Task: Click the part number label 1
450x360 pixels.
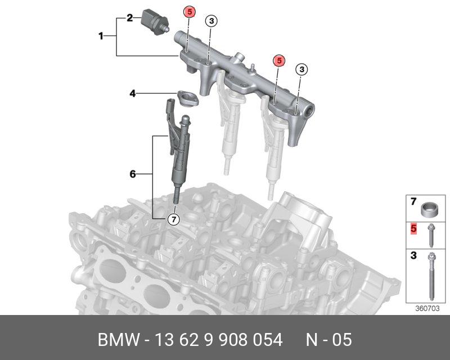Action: [x=101, y=37]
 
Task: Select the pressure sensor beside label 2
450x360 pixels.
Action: [x=155, y=21]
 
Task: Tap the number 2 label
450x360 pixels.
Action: [x=129, y=19]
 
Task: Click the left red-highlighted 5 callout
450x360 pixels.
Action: [x=190, y=12]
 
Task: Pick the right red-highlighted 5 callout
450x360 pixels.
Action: [x=278, y=60]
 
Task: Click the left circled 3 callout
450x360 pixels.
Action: [x=211, y=21]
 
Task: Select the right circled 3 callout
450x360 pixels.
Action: [x=301, y=69]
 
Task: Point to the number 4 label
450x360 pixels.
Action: [x=133, y=93]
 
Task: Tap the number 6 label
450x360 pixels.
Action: [x=133, y=174]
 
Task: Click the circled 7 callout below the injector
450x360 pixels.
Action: [x=174, y=220]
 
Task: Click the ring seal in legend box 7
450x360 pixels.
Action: [x=430, y=209]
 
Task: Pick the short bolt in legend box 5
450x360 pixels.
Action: [x=431, y=235]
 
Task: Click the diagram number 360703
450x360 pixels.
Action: [x=428, y=308]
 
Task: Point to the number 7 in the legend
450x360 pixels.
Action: [x=413, y=201]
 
